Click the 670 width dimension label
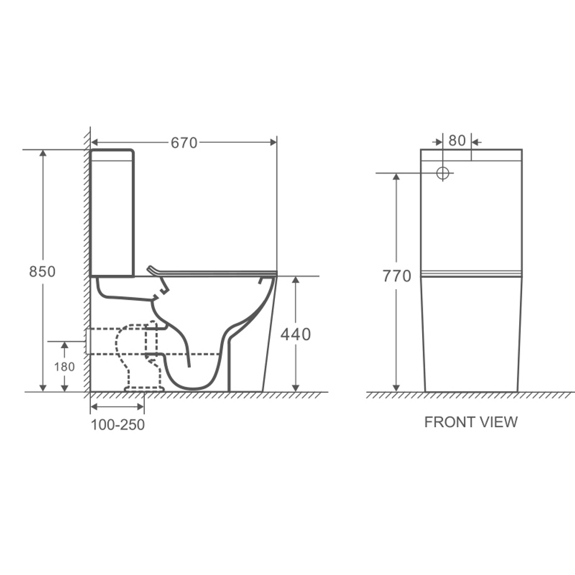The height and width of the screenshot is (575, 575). point(184,143)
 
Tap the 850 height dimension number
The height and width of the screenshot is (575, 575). point(42,271)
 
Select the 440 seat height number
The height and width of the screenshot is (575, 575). point(296,335)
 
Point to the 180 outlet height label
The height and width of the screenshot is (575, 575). point(64,367)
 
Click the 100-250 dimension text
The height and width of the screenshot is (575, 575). point(118,425)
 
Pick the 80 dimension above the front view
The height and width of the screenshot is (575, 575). point(457,140)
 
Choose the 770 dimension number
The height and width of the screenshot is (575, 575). point(397,276)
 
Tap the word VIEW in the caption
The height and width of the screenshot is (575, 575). point(499,422)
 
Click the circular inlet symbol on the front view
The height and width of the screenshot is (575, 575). point(443,173)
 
